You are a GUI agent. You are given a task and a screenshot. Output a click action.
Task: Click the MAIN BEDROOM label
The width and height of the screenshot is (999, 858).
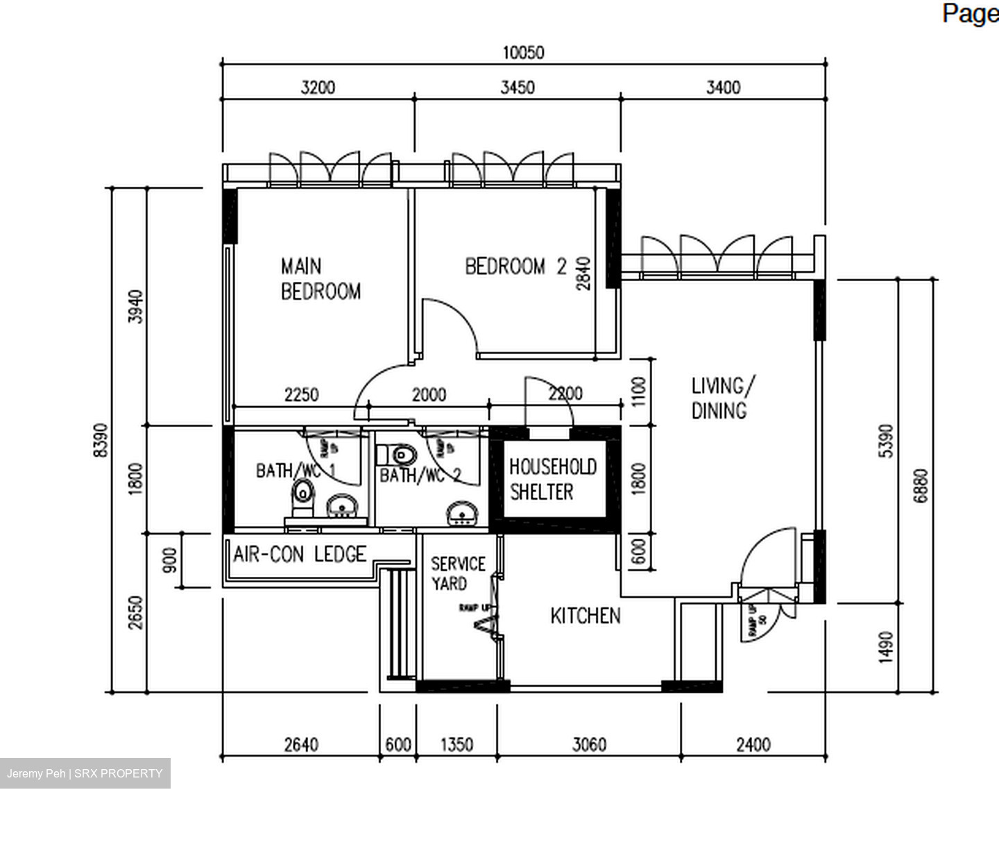coord(320,278)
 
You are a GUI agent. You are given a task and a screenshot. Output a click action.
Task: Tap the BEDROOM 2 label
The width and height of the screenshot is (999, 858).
coord(515,267)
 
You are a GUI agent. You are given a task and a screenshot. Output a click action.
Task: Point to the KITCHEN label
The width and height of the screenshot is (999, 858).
coord(585,616)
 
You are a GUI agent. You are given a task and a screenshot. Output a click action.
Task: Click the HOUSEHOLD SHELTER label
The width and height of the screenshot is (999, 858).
coord(552,479)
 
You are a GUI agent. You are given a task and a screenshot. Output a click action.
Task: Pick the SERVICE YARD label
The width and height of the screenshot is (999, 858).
coord(457,573)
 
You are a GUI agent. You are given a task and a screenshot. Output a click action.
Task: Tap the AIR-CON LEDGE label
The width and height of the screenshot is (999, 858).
coord(300,554)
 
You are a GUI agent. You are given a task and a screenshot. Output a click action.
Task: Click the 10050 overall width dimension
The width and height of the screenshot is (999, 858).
coord(523,53)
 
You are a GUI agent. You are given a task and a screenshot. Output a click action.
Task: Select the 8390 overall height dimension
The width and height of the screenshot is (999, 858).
coord(101,440)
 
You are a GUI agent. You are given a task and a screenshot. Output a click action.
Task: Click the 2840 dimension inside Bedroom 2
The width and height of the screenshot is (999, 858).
coord(583,274)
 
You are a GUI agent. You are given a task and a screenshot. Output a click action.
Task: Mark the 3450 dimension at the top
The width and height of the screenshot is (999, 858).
coord(518,87)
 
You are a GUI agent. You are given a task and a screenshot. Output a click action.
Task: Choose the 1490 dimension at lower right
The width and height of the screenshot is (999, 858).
coord(886,647)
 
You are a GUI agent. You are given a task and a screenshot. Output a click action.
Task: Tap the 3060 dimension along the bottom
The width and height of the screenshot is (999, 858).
coord(588,745)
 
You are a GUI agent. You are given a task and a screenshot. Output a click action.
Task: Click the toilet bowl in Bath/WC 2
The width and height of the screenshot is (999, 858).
coord(402,455)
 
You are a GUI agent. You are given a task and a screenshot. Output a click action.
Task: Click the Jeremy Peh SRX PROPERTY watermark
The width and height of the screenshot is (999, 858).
coord(85,773)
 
